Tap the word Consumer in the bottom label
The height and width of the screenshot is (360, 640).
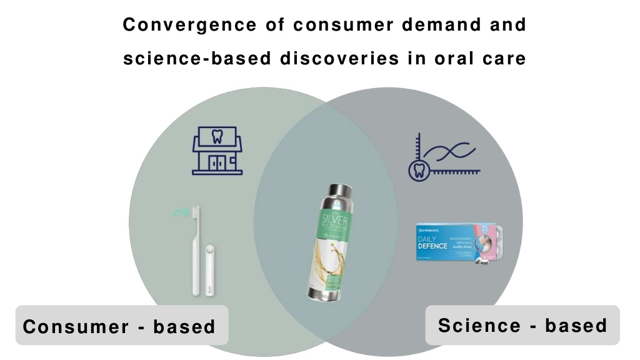[x=76, y=326]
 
